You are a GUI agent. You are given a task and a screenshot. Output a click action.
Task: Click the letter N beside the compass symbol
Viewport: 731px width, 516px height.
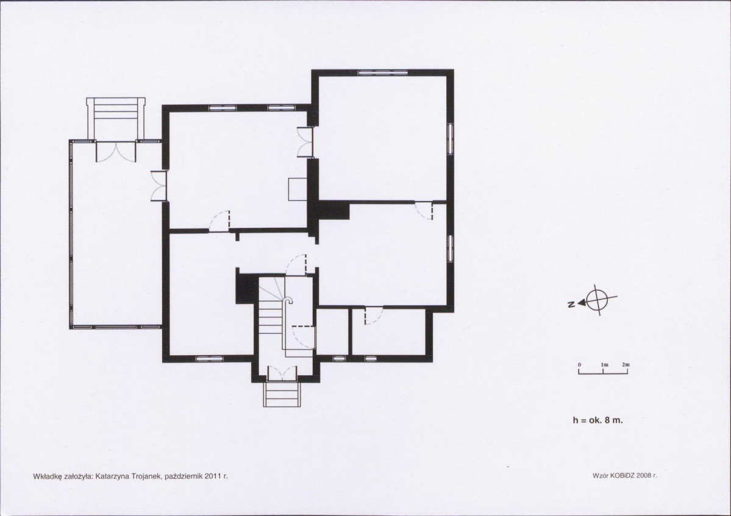tap(571, 305)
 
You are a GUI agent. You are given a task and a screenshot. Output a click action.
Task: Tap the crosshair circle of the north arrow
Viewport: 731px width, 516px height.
tap(597, 300)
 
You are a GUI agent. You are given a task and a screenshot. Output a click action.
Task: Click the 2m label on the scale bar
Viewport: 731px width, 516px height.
tap(625, 365)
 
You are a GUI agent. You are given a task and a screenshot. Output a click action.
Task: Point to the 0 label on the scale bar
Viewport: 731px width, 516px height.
tap(579, 365)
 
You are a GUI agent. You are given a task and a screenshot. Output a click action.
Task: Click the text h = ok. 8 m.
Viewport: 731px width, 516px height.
tap(597, 420)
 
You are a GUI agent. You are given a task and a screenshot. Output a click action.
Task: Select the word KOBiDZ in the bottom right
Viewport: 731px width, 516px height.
tap(621, 475)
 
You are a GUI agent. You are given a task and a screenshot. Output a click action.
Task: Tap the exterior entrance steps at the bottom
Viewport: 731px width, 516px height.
tap(281, 394)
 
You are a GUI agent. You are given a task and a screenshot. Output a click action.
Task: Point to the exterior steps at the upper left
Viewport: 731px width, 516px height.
tap(116, 118)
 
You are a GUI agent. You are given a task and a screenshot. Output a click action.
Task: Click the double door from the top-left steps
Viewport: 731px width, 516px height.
tap(116, 151)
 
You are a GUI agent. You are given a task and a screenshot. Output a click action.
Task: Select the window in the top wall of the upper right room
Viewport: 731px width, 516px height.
tap(383, 72)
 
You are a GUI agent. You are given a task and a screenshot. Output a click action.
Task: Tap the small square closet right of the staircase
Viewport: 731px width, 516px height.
tap(332, 331)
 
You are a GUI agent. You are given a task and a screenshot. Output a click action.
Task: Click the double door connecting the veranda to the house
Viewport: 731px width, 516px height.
tap(159, 186)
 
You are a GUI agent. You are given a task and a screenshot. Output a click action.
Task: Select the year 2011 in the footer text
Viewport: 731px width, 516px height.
tap(215, 476)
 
